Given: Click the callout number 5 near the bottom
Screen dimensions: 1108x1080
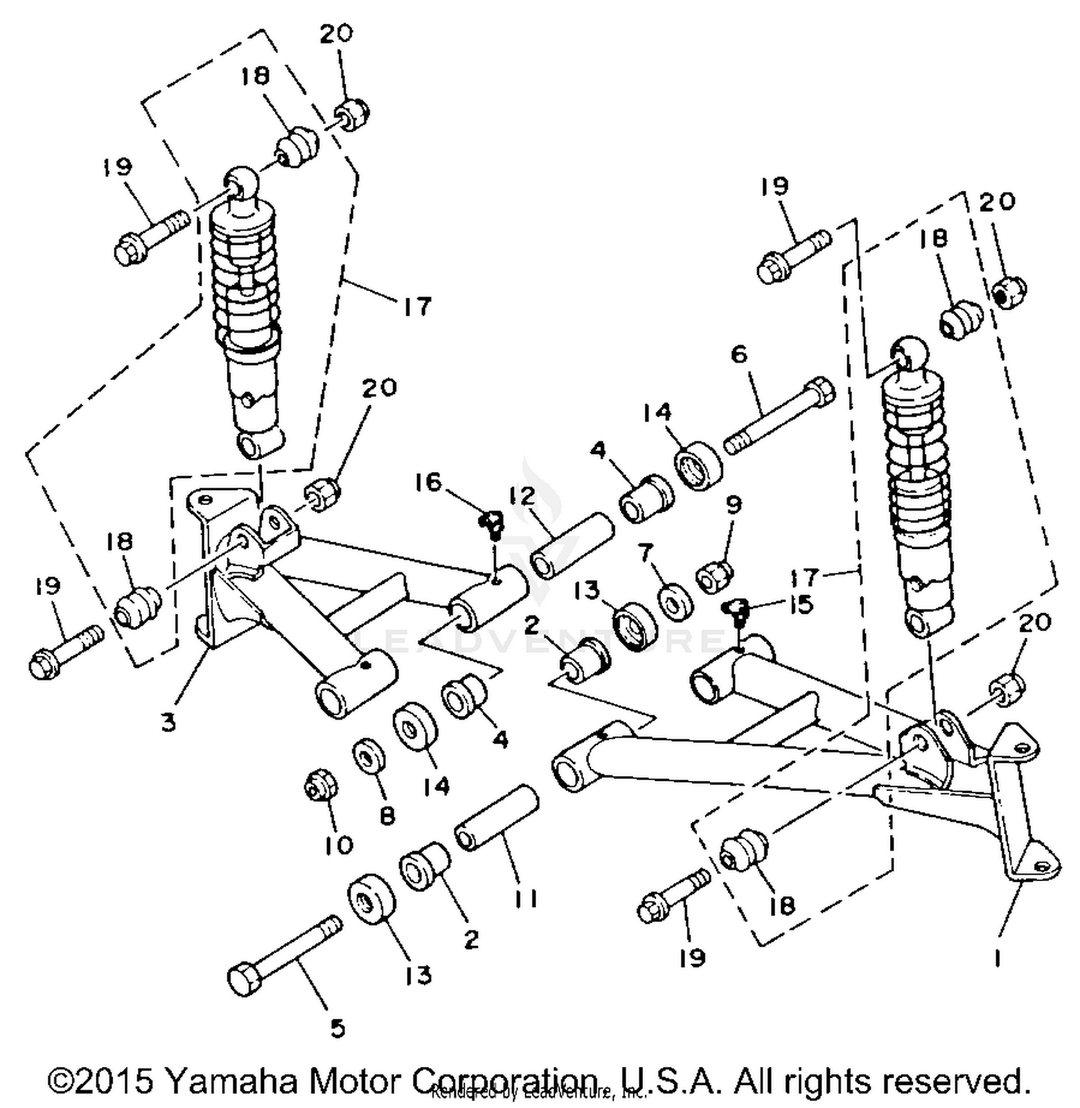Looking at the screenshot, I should tap(338, 1028).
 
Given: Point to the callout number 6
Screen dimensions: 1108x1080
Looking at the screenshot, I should tap(739, 354).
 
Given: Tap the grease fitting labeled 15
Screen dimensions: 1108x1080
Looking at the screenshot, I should tap(737, 610).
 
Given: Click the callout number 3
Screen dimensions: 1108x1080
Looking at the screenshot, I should tap(168, 722).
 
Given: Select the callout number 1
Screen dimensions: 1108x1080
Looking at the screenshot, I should tap(997, 959).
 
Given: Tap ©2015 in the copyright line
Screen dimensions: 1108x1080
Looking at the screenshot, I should tap(100, 1081).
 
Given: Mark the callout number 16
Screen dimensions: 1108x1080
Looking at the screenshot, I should tap(428, 482).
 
